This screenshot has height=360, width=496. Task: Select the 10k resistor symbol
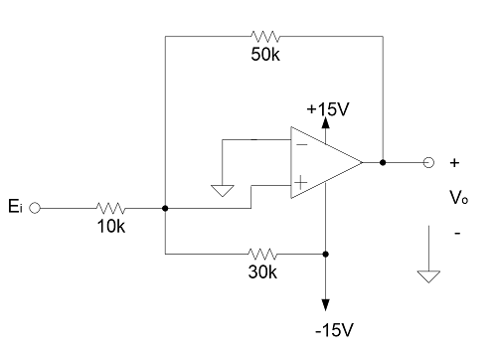[111, 209]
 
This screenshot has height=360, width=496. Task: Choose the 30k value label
[262, 272]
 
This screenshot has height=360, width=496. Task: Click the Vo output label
[457, 198]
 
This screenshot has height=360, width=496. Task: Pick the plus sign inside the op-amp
[300, 183]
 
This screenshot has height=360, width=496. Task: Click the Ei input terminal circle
[36, 209]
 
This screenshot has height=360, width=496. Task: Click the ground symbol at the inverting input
[224, 190]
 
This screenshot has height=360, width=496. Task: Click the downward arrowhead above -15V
[327, 303]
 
